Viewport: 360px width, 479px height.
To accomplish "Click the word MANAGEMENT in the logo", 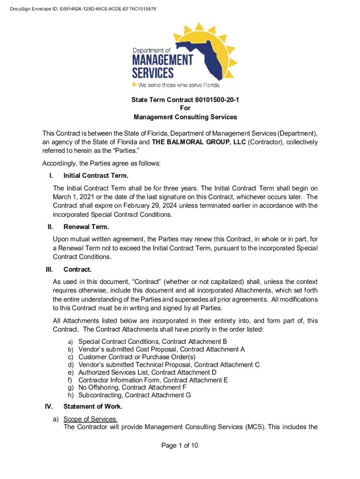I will pyautogui.click(x=162, y=60).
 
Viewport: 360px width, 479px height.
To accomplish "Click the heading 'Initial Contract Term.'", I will pyautogui.click(x=96, y=176).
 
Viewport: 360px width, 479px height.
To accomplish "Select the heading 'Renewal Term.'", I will pyautogui.click(x=86, y=227).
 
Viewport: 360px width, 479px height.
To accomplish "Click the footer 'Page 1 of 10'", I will pyautogui.click(x=180, y=445).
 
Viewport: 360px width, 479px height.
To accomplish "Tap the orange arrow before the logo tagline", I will pyautogui.click(x=135, y=85).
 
